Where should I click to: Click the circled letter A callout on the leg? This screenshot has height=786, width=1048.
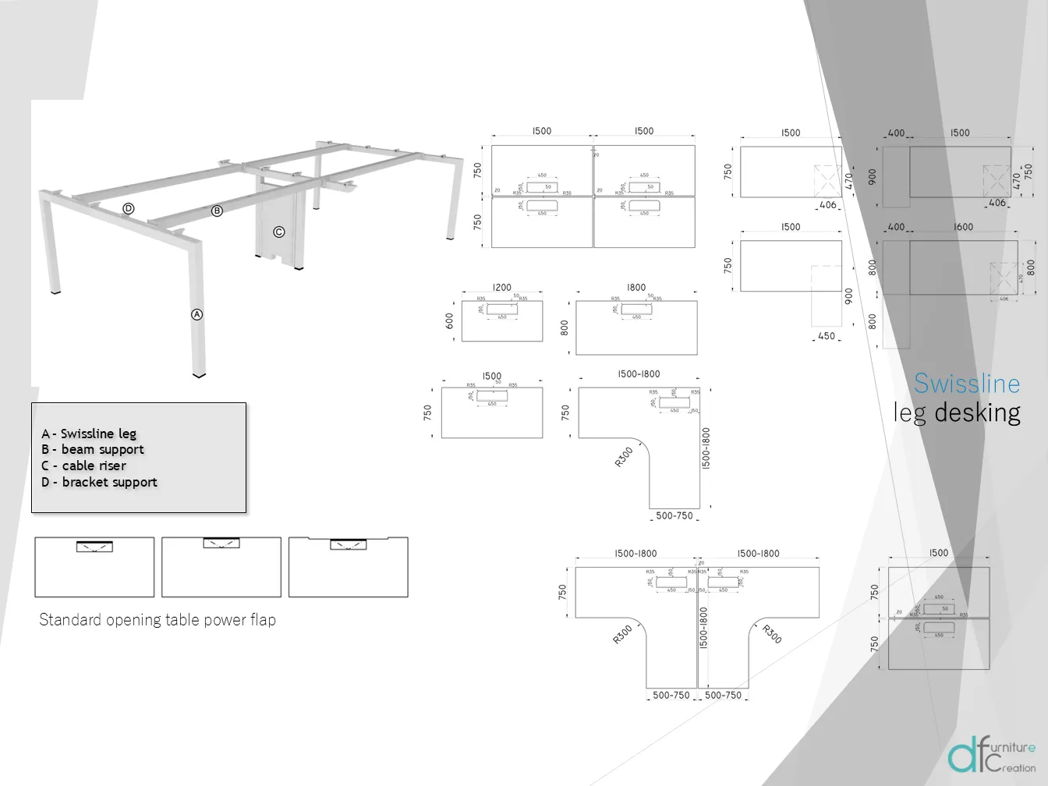click(197, 314)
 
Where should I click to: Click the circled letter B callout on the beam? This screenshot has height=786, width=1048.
click(218, 211)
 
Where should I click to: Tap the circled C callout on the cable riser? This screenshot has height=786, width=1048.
click(278, 232)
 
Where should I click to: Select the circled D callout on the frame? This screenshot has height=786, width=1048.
click(129, 208)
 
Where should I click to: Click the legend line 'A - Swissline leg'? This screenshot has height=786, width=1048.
click(89, 434)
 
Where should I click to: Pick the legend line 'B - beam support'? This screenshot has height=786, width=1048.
click(93, 449)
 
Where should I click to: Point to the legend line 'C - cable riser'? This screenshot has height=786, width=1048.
click(83, 466)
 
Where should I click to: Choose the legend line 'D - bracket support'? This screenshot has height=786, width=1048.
click(99, 482)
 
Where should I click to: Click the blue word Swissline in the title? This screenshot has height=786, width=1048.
click(966, 384)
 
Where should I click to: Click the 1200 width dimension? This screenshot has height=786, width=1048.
click(501, 288)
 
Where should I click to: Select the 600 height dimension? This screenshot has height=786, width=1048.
click(450, 320)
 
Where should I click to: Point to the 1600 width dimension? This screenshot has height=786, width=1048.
click(963, 227)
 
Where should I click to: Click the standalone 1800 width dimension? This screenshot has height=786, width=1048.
click(636, 288)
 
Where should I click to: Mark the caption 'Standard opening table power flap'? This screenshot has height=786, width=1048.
click(158, 620)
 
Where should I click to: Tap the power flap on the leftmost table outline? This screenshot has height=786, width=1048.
click(94, 547)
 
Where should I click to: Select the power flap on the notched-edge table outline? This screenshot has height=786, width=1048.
click(348, 544)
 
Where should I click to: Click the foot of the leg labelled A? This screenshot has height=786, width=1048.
click(200, 374)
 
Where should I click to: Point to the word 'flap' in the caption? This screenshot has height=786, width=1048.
click(263, 620)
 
